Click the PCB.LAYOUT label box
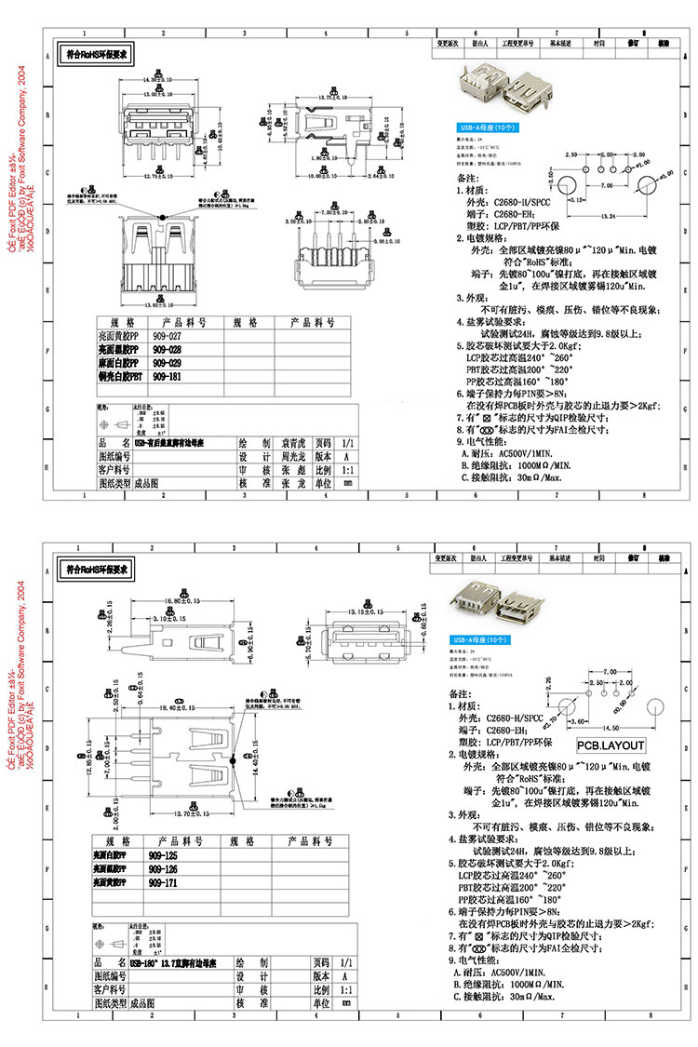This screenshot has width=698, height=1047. click(x=611, y=745)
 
